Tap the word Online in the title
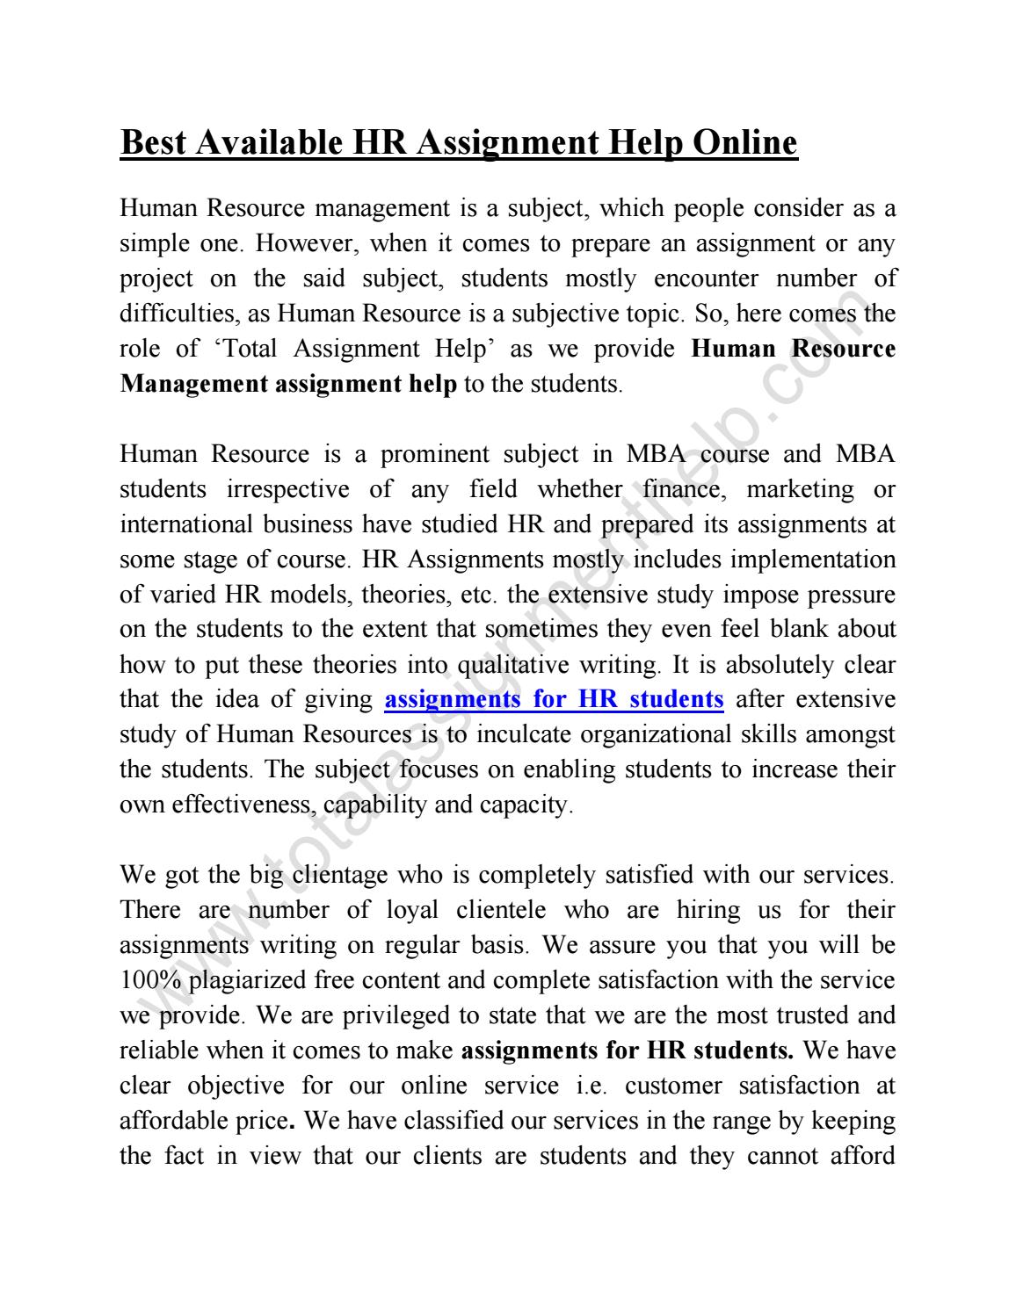pos(745,142)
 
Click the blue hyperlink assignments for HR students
pos(554,700)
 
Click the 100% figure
pos(150,981)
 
